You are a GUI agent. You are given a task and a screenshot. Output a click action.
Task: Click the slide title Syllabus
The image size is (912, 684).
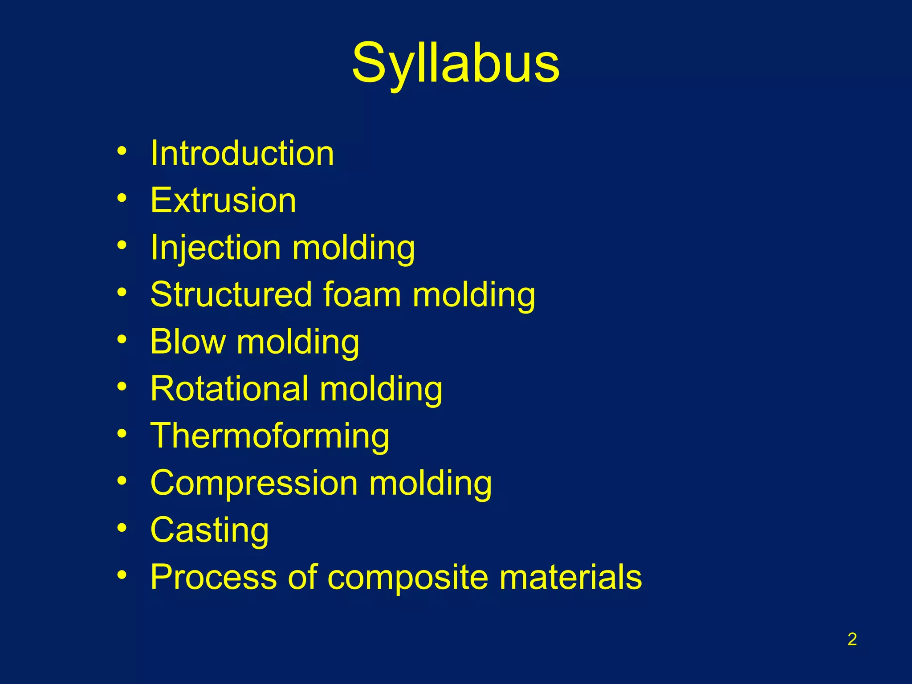pos(455,63)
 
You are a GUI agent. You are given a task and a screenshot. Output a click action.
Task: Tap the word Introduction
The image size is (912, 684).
pos(242,153)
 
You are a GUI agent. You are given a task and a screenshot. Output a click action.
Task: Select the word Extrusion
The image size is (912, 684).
pos(223,200)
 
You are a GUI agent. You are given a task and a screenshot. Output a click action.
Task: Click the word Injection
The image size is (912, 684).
pos(216,248)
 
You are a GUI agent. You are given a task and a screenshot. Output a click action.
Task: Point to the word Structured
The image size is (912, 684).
pos(231,295)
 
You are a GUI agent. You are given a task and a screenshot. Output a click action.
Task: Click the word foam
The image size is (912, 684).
pos(362,295)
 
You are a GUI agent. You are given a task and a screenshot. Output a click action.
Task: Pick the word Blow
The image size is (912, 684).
pos(188,342)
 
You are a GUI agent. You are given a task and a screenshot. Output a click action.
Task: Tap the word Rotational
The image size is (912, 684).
pos(229,389)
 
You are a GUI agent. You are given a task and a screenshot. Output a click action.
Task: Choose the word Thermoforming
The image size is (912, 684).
pos(270,436)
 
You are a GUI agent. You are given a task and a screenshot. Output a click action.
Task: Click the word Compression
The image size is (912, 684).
pos(254,483)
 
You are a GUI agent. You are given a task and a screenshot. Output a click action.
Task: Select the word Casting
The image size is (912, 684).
pos(209,530)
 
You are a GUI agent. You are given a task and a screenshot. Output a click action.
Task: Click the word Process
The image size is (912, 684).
pos(213,577)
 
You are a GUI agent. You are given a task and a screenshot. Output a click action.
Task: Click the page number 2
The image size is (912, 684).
pos(852,639)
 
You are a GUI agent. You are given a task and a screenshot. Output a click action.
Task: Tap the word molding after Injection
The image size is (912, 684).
pos(354,248)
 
